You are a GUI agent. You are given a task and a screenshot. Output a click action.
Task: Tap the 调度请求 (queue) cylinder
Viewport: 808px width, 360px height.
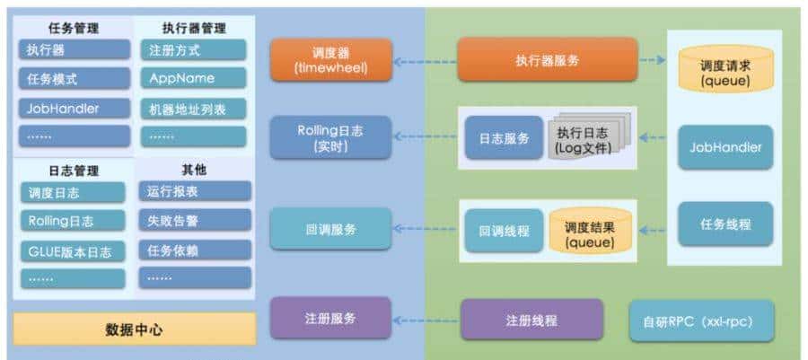point(725,70)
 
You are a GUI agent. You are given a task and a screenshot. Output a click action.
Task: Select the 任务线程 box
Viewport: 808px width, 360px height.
point(725,224)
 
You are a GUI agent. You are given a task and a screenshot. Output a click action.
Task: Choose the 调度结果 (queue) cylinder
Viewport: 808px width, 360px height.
point(589,230)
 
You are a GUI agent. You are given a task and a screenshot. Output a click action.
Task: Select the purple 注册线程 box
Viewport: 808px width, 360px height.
point(531,319)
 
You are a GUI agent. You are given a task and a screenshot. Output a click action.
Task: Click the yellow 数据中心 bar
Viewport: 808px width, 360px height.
point(134,329)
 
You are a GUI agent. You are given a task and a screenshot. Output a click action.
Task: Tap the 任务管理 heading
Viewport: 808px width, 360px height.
point(73,28)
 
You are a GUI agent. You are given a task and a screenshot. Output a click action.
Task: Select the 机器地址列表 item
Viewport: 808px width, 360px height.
point(193,109)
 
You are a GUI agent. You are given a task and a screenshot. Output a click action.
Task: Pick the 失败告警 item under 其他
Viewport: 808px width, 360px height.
point(194,220)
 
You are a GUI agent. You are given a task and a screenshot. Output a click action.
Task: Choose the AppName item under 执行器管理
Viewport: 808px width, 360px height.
point(193,78)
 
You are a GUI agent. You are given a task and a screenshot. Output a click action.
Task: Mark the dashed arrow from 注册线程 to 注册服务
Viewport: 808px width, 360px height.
point(426,319)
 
